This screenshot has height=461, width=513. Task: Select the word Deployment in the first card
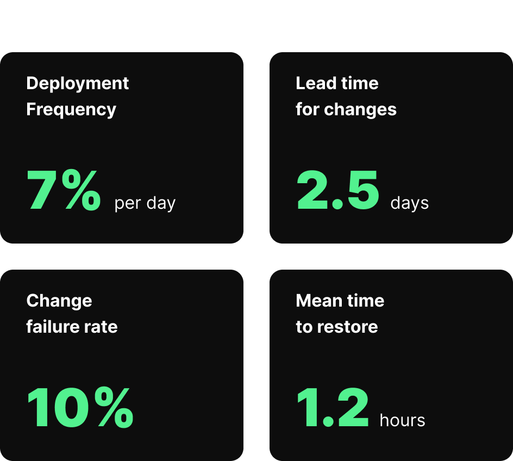tap(78, 83)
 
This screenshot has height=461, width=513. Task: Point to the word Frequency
tap(71, 109)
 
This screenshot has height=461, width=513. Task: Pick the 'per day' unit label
tap(145, 204)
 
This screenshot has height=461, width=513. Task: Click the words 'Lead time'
tap(337, 83)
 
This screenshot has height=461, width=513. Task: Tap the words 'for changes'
tap(346, 109)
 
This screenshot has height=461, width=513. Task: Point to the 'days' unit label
tap(410, 204)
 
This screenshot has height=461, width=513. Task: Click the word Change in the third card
tap(59, 301)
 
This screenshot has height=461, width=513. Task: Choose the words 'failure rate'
tap(72, 327)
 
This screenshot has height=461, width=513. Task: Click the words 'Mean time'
tap(340, 301)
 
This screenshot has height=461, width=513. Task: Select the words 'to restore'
tap(337, 327)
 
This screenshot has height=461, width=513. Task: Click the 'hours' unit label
tap(402, 421)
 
